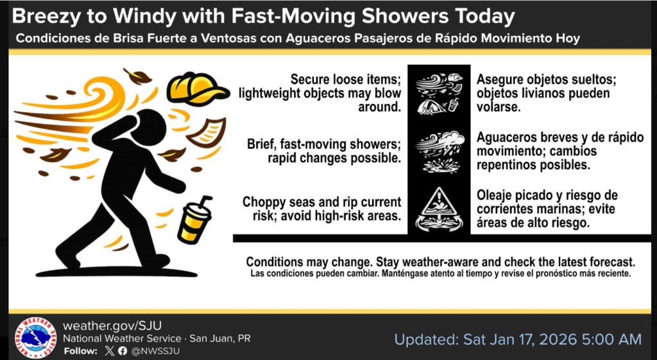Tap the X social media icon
point(108,351)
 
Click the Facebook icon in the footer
point(122,351)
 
